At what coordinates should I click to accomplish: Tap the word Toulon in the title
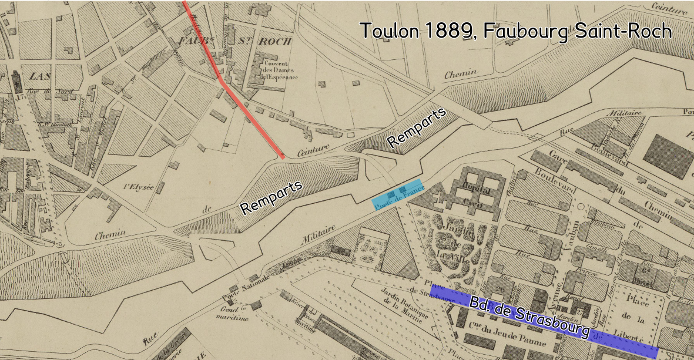[x=389, y=31]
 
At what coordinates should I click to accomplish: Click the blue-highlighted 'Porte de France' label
[x=398, y=194]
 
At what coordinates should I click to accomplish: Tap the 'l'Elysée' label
[x=139, y=187]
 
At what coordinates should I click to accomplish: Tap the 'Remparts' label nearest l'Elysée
[x=271, y=197]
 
